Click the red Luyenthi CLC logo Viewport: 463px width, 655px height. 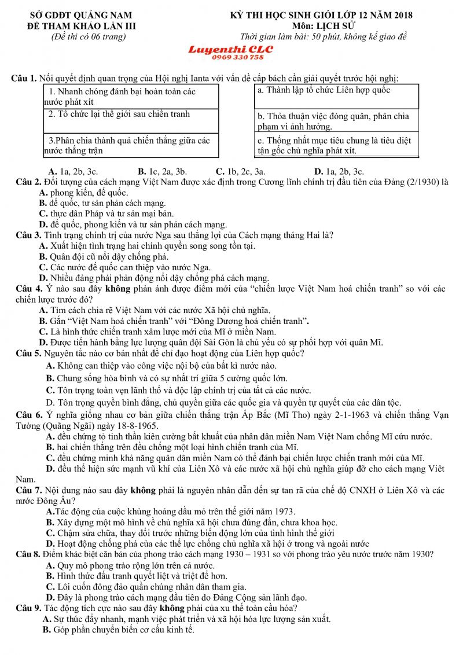coord(230,49)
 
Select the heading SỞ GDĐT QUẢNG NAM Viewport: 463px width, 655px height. coord(80,16)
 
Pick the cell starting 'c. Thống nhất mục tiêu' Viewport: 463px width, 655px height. coord(336,146)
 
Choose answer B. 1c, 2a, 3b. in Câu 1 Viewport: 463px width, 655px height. coord(162,171)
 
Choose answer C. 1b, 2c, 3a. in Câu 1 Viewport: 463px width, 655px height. coord(240,171)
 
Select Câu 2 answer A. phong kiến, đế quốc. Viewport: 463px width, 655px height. coord(83,193)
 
